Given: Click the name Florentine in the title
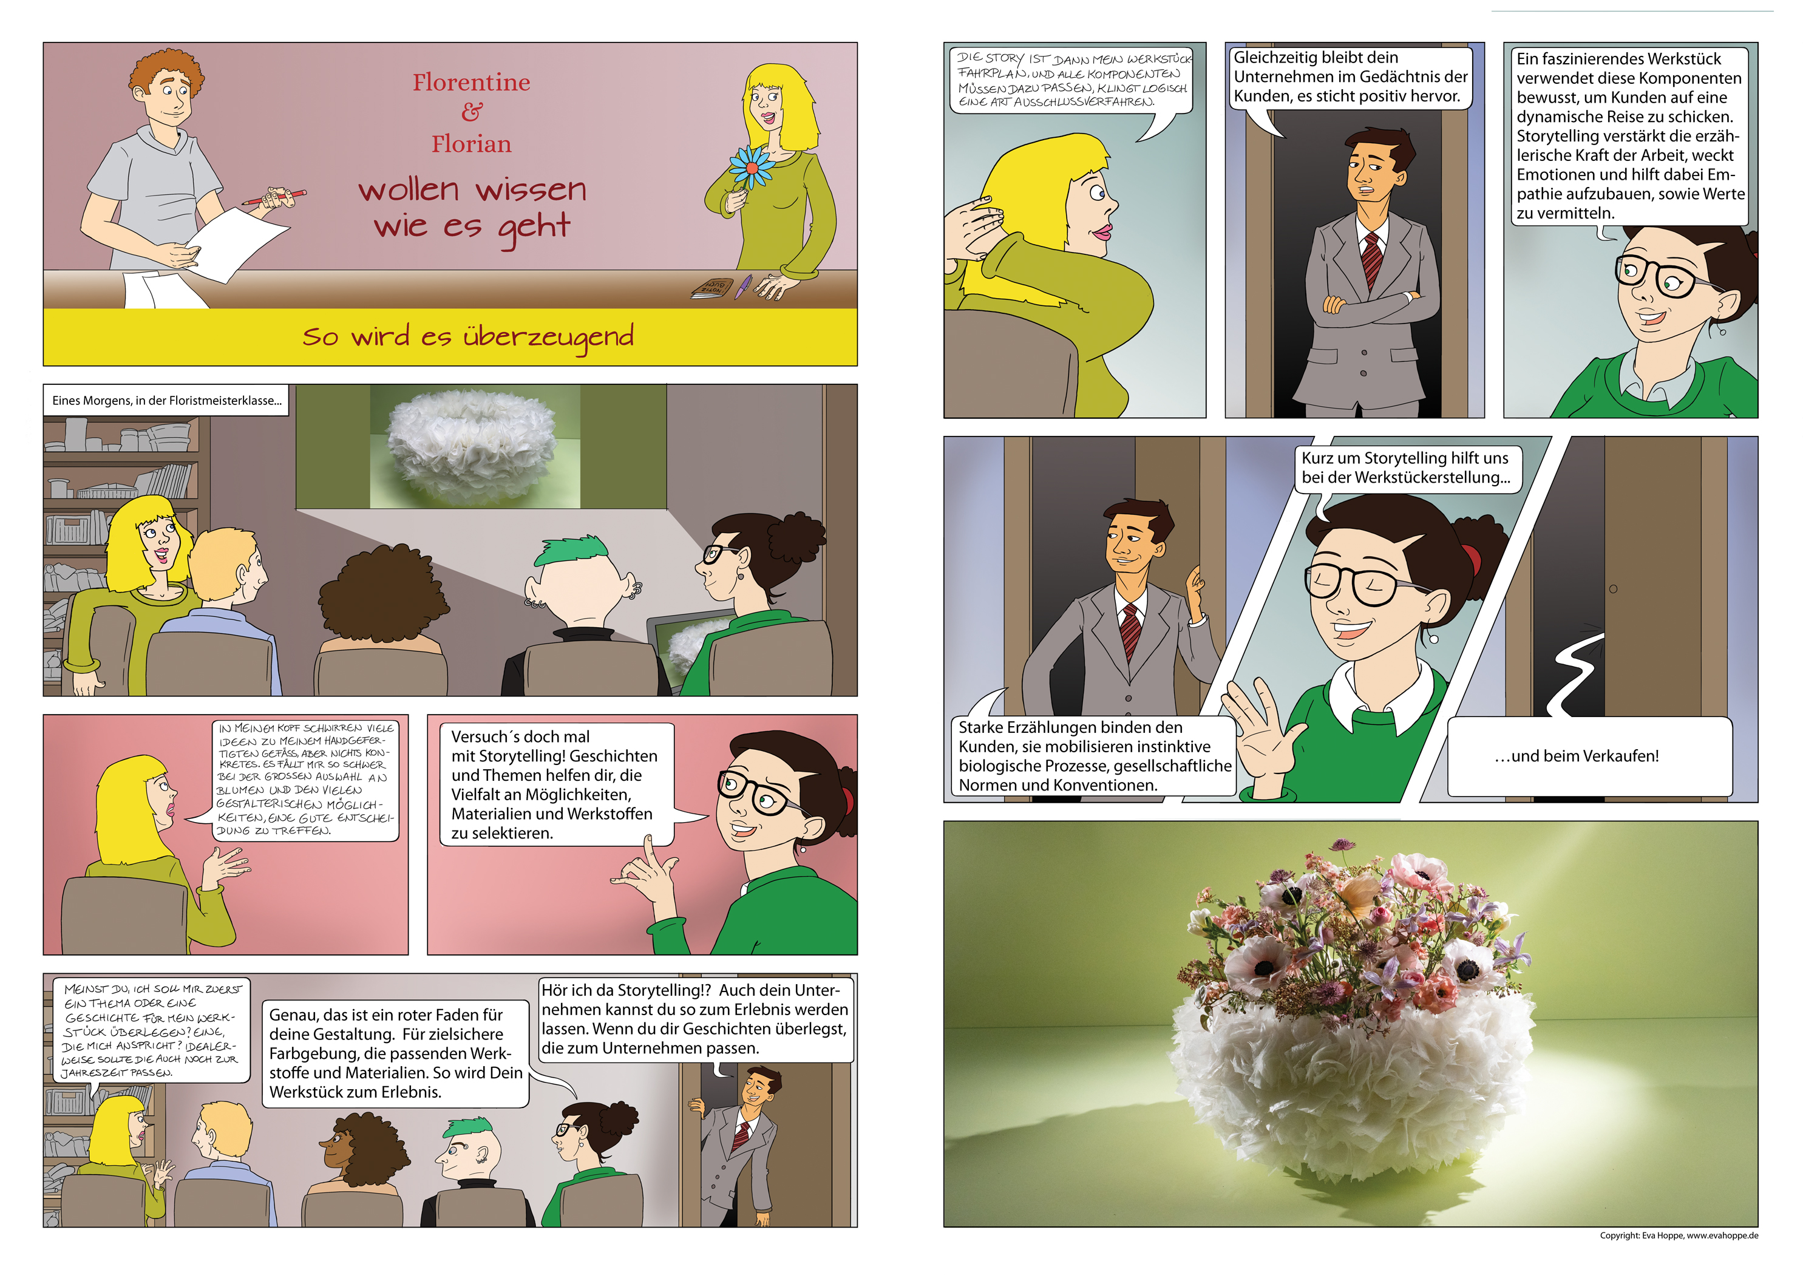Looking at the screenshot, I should tap(471, 82).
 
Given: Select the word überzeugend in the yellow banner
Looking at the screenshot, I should tap(548, 336).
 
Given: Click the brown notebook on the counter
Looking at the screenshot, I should tap(711, 288).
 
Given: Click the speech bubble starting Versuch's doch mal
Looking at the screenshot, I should tap(554, 784).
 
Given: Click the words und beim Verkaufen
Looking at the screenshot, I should tap(1576, 756).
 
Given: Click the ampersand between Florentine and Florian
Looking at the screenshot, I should tap(471, 112).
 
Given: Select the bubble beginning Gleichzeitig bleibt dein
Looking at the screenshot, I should tap(1348, 77).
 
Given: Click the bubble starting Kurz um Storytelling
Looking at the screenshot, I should tap(1405, 467).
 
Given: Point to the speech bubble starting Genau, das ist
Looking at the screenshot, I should tap(395, 1053).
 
